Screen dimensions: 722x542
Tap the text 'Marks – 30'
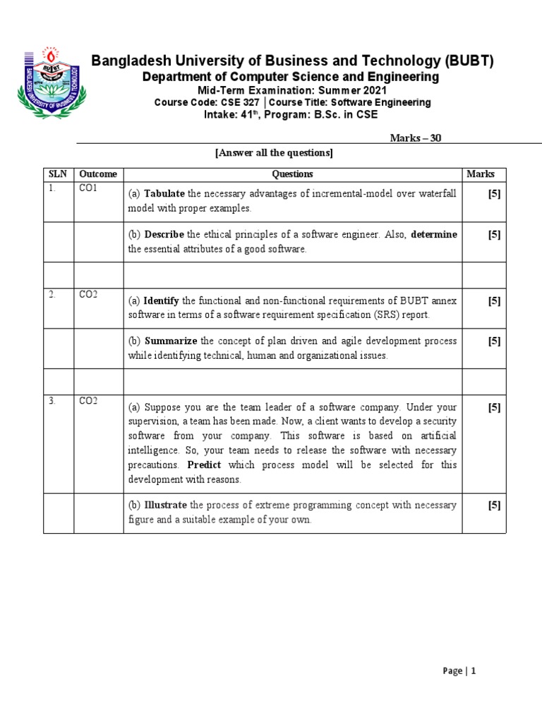pos(416,138)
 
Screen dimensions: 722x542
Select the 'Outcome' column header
pos(98,174)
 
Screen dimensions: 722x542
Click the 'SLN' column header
pos(56,174)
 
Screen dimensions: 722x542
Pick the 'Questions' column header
pos(292,174)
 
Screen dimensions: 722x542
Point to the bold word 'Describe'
pos(164,235)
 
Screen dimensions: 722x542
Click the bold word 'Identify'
pos(162,301)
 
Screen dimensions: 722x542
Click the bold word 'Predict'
pos(204,465)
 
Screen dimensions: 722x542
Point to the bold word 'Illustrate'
pos(166,506)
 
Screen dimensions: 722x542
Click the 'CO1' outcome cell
pos(88,189)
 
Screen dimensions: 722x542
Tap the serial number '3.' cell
pos(52,401)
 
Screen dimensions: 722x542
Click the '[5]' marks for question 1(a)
pos(494,195)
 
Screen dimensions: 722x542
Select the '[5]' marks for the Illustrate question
pos(494,506)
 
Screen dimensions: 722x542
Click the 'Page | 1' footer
pos(459,671)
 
